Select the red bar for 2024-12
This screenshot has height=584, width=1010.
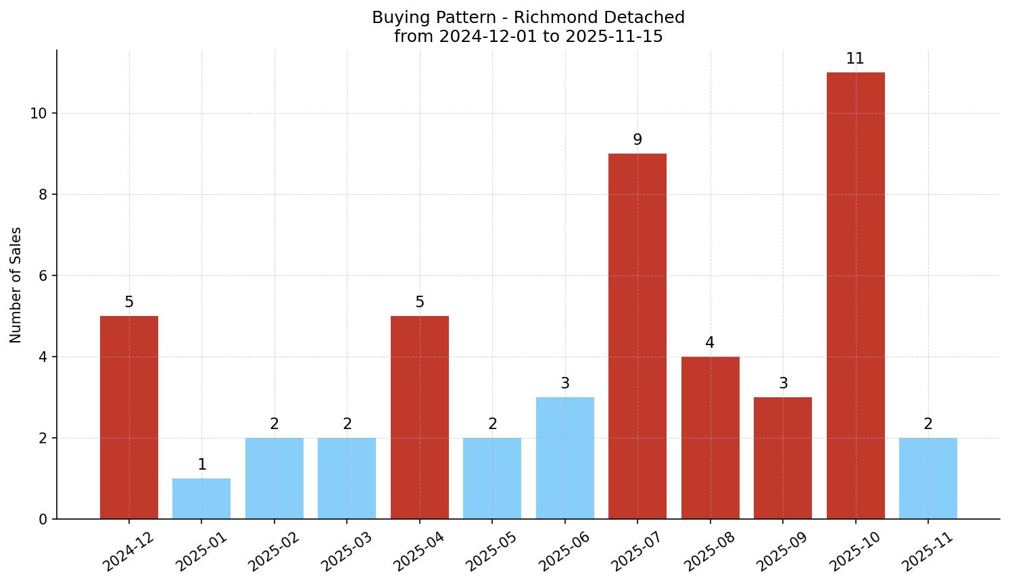pos(128,417)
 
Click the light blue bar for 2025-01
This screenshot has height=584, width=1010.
pos(201,499)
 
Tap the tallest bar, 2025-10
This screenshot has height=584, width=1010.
pos(855,295)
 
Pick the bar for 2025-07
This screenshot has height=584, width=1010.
pos(637,336)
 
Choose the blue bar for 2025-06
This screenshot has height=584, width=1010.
pos(564,457)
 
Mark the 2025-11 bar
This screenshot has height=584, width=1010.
pos(928,478)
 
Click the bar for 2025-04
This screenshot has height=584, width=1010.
pos(419,417)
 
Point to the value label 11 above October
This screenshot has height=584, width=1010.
pos(855,59)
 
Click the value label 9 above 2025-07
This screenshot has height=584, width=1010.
pos(637,140)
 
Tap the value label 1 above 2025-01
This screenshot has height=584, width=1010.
pos(201,465)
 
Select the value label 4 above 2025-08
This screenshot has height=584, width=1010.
pos(710,343)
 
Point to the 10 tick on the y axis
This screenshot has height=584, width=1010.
pos(39,113)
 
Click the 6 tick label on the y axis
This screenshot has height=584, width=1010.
pos(43,275)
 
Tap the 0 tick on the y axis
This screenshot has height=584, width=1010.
pos(43,519)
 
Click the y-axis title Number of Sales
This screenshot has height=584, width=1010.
pos(16,285)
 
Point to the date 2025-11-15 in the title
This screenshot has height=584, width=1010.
pos(614,37)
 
